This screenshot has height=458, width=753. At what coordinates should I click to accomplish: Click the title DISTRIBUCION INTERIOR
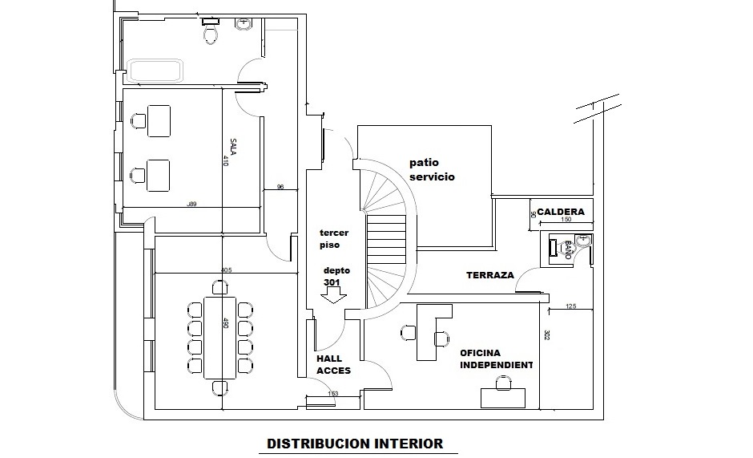[354, 443]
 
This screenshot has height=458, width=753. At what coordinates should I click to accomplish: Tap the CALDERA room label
[560, 212]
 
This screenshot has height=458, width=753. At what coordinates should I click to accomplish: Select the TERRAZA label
[489, 275]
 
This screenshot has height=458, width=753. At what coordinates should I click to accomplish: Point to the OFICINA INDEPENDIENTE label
[496, 359]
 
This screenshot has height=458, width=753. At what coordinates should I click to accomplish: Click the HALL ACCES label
[333, 365]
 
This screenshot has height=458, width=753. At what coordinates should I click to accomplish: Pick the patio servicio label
[432, 169]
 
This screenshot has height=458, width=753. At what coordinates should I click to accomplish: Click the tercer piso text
[333, 237]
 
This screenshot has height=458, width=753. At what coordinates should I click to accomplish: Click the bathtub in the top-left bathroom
[156, 71]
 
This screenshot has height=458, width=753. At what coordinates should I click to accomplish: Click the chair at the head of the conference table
[219, 286]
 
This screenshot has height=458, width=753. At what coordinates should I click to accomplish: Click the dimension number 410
[226, 160]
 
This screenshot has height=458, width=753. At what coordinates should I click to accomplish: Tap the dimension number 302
[546, 335]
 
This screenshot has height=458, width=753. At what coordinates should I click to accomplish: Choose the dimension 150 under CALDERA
[566, 220]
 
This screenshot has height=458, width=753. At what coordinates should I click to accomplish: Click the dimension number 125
[571, 306]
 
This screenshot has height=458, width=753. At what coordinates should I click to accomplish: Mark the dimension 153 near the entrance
[332, 393]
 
